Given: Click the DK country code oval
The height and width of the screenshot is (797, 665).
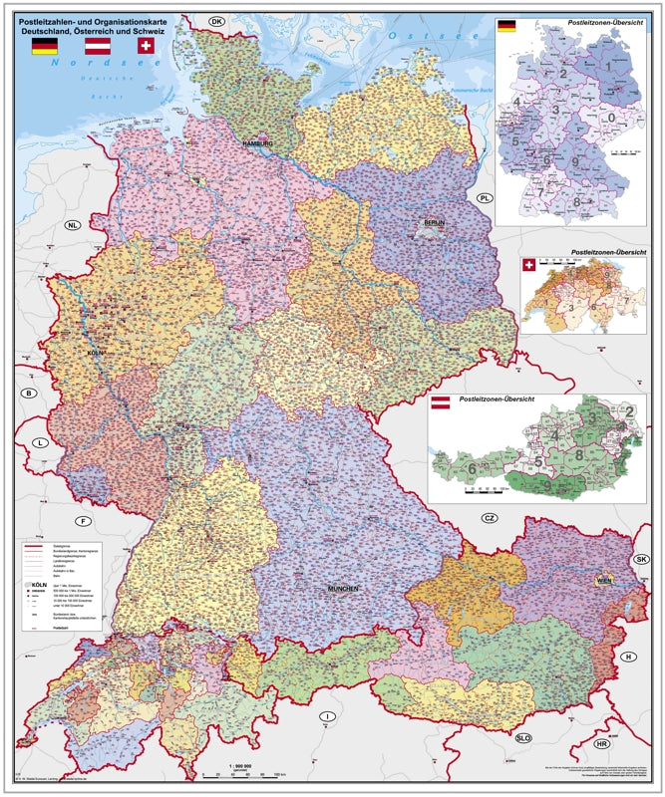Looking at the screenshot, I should (216, 21).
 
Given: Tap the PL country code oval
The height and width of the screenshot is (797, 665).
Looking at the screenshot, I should (486, 198).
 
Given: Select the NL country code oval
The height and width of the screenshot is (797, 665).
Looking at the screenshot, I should (72, 226).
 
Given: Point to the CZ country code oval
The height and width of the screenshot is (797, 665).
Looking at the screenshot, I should (489, 518).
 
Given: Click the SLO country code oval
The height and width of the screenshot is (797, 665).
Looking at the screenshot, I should (523, 738).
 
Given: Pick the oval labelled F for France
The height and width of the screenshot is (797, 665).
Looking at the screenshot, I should (85, 521).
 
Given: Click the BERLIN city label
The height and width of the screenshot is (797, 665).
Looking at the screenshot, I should (436, 222).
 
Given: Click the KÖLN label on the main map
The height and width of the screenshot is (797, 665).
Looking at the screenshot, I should (96, 353).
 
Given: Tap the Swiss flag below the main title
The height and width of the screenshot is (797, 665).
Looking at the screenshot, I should (146, 47).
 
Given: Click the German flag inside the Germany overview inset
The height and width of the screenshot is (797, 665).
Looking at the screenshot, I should (506, 25).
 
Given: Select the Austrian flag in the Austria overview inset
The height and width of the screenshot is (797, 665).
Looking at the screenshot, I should (443, 405).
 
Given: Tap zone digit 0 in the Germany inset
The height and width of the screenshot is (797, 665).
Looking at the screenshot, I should (612, 118).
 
